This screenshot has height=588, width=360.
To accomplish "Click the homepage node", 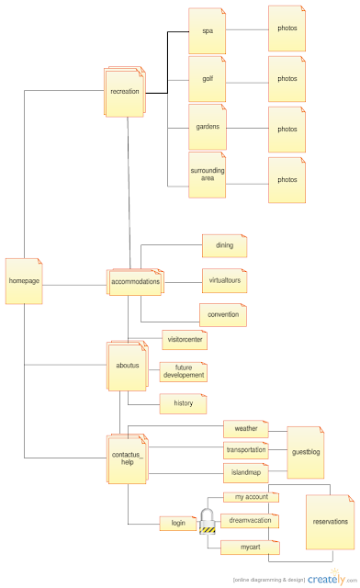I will (x=24, y=279).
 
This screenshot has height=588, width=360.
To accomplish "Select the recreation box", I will (x=125, y=92).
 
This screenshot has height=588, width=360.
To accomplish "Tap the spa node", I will (x=207, y=30).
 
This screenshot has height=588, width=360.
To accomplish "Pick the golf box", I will (x=207, y=79).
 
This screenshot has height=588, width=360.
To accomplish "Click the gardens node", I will (x=207, y=127).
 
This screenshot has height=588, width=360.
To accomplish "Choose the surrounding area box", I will (x=207, y=175).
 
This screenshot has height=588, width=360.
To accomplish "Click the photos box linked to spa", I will (x=287, y=28).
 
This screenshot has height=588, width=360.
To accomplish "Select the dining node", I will (x=225, y=246).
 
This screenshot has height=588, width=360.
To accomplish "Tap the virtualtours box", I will (x=225, y=280).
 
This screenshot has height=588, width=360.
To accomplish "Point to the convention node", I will (x=223, y=314).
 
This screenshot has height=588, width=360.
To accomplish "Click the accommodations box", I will (x=135, y=281).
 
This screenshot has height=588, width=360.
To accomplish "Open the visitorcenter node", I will (x=185, y=340).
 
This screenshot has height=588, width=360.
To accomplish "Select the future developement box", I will (x=184, y=371).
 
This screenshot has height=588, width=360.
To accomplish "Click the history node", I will (x=183, y=403).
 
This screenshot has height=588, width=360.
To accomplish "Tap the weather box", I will (x=245, y=429).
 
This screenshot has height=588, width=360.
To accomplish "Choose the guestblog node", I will (x=306, y=452).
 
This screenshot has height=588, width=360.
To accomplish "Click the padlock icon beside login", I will (x=208, y=522).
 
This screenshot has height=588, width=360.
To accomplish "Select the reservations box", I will (x=330, y=522).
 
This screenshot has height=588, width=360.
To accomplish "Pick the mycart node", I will (x=251, y=548).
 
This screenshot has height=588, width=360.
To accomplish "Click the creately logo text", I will (x=325, y=579).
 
